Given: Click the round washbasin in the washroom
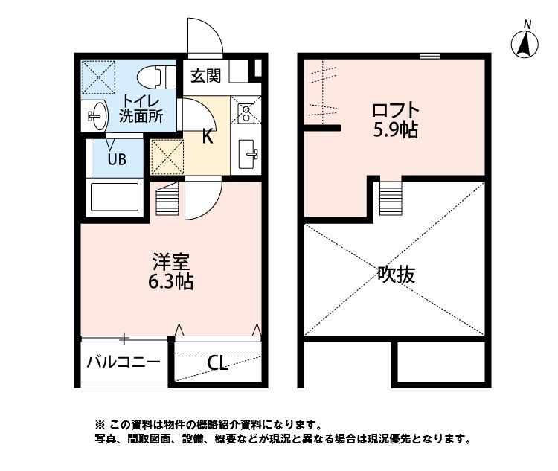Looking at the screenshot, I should (97, 115).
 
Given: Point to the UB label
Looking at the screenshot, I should (118, 158).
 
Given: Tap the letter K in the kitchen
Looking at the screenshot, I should (209, 135).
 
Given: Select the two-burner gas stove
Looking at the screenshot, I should (246, 112).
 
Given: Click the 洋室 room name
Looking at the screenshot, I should (173, 262).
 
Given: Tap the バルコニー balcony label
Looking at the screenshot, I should (124, 363).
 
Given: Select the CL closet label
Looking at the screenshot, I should (218, 363).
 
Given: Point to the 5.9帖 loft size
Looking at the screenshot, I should (395, 131).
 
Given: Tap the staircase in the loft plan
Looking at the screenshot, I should (390, 196).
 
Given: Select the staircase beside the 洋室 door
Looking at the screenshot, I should (168, 199).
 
